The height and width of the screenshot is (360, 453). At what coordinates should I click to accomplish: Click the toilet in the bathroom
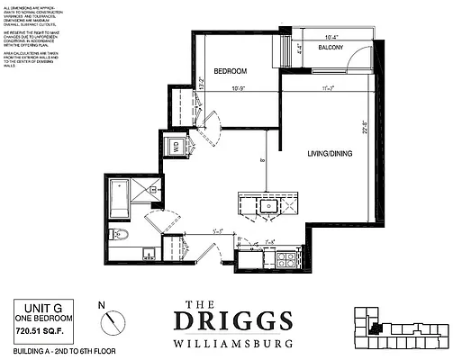pyautogui.click(x=120, y=236)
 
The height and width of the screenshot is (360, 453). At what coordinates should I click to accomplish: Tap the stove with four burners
pyautogui.click(x=284, y=260)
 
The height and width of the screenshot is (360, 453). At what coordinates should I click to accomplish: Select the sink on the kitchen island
pyautogui.click(x=267, y=205)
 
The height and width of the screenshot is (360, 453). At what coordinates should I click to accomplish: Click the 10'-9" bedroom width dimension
pyautogui.click(x=238, y=88)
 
